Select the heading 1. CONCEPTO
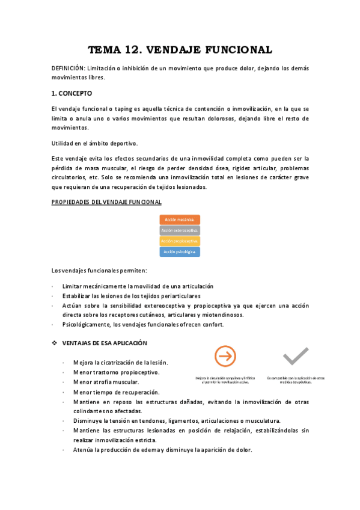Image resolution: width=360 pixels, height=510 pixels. pos(72,93)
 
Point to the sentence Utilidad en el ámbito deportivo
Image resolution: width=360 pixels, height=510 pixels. pos(94,143)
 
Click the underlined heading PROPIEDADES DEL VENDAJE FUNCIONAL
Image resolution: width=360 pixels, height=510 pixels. pos(106,202)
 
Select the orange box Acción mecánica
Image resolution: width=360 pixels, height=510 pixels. pos(180,220)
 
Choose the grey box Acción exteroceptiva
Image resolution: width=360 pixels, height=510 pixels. pos(180,230)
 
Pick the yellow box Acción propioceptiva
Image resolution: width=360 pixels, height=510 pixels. pos(180,241)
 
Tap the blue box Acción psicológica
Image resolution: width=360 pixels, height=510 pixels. pos(180,252)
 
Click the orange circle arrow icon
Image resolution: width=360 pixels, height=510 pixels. pos(225,356)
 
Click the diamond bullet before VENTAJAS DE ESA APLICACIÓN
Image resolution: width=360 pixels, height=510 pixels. pos(55,343)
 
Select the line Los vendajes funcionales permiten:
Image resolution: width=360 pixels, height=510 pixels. pos(95,271)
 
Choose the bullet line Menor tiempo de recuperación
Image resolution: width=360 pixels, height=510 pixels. pos(115,392)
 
